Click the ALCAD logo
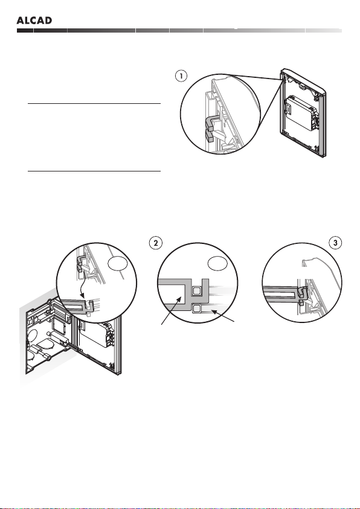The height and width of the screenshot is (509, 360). (34, 21)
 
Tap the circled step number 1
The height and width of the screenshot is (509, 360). (181, 76)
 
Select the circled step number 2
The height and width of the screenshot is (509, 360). (155, 243)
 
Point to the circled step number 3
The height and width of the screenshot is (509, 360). (335, 243)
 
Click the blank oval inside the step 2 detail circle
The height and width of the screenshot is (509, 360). (217, 264)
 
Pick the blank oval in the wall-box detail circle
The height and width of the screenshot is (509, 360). (117, 264)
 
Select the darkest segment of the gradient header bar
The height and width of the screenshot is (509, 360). (25, 31)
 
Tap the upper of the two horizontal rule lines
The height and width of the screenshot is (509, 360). (94, 104)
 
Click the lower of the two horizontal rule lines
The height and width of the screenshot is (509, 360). (94, 171)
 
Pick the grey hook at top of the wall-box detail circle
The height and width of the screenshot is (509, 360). (80, 263)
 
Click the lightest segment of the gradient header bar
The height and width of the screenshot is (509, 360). (324, 31)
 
